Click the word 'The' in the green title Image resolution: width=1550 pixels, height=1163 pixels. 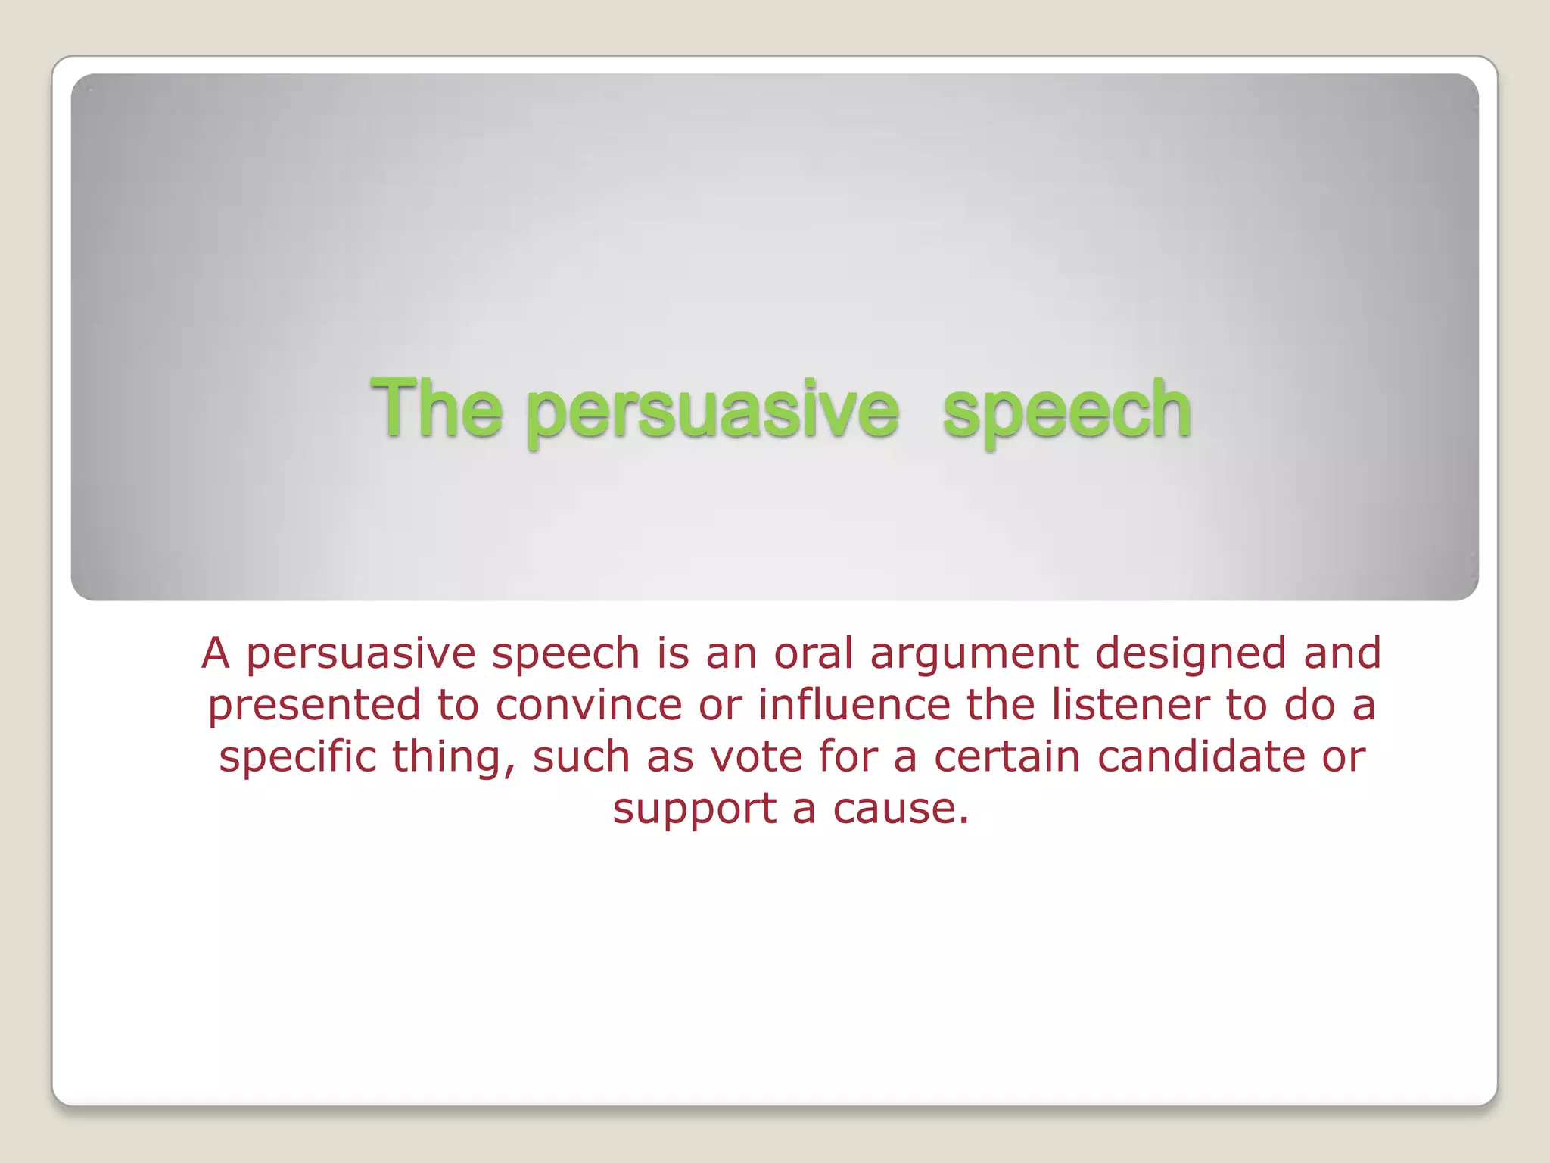tap(436, 409)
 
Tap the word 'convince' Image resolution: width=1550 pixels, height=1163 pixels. tap(589, 705)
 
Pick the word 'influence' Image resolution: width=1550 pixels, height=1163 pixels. tap(854, 705)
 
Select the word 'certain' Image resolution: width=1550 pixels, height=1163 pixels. tap(1007, 756)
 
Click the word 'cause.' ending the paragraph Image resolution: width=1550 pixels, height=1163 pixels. tap(901, 809)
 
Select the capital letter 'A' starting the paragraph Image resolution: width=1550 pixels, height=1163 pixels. tap(215, 653)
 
